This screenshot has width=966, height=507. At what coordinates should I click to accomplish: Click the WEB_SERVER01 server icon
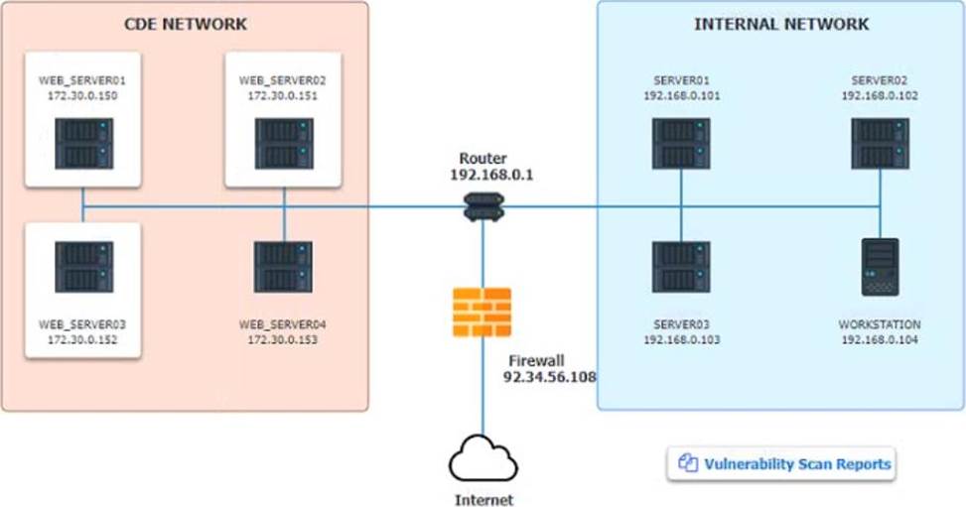coord(84,143)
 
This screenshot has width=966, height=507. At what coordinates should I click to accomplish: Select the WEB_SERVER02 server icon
coord(284,143)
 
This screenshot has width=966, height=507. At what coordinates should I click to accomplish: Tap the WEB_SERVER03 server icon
coord(84,267)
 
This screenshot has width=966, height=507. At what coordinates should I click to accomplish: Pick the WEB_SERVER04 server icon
coord(284,267)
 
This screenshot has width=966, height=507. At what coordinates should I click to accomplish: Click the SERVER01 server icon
coord(681,143)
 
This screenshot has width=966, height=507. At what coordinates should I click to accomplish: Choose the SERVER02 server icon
coord(880,143)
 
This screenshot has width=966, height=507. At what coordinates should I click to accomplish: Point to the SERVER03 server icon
coord(681,267)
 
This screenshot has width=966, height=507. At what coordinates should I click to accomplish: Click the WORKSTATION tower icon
coord(880,267)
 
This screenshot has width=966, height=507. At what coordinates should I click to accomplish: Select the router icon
coord(483,207)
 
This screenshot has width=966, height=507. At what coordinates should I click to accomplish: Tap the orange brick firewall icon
coord(482,313)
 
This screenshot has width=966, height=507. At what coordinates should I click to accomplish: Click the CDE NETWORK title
coord(185,23)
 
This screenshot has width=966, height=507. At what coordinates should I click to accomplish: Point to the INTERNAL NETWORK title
coord(780,23)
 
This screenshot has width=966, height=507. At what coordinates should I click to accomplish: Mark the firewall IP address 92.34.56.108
coord(549,377)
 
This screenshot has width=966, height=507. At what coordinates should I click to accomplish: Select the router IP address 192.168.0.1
coord(483,174)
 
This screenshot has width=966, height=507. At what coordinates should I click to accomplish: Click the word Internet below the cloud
coord(483,499)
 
